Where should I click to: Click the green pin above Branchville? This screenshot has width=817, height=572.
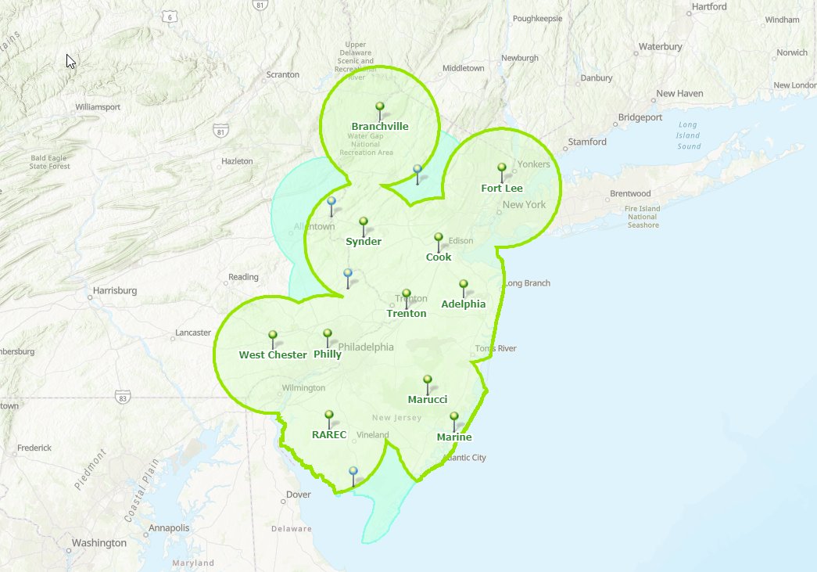380,107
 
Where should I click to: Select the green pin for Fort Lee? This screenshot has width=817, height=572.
502,168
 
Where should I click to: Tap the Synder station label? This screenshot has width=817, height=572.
364,242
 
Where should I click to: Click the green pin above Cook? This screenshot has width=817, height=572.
439,238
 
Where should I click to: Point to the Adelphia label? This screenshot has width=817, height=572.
464,304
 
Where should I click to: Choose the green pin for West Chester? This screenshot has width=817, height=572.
273,336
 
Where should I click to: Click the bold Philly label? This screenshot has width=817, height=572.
328,354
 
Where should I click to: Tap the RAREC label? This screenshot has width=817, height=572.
329,435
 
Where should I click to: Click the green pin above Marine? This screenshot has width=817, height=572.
454,418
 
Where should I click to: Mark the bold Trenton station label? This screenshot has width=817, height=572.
407,314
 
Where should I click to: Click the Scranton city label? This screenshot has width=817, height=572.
283,74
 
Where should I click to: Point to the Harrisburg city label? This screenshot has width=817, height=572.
115,290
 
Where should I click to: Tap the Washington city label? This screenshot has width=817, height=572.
99,543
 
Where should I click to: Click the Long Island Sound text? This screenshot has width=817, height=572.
689,135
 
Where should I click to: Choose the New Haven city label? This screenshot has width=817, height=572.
679,93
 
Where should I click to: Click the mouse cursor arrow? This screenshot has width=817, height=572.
70,61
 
